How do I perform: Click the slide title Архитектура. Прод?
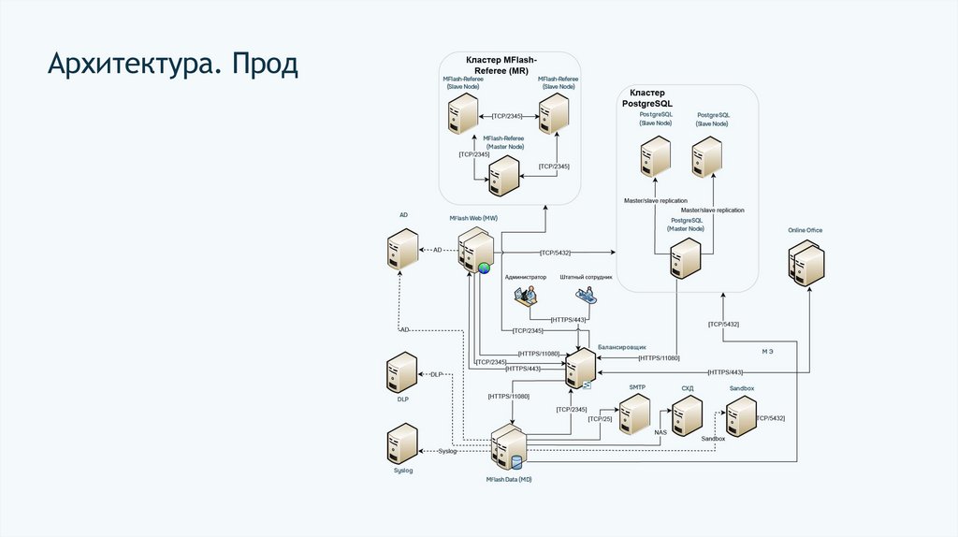pos(174,65)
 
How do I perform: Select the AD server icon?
pos(403,250)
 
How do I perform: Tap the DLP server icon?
pos(402,373)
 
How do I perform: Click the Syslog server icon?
pos(402,444)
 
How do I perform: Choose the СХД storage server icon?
pos(687,416)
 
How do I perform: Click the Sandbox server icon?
pos(741,416)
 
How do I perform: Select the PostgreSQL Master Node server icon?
pos(686,258)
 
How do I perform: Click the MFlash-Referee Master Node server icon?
pos(503,176)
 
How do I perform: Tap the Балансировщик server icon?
pos(581,370)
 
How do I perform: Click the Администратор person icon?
pos(526,297)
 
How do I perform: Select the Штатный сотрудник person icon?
pos(586,297)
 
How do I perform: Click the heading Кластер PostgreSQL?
pos(647,98)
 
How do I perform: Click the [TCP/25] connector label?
pos(600,418)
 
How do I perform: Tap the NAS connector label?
pos(660,432)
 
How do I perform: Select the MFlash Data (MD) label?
pos(509,479)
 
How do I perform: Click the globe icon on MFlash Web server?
pos(484,268)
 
